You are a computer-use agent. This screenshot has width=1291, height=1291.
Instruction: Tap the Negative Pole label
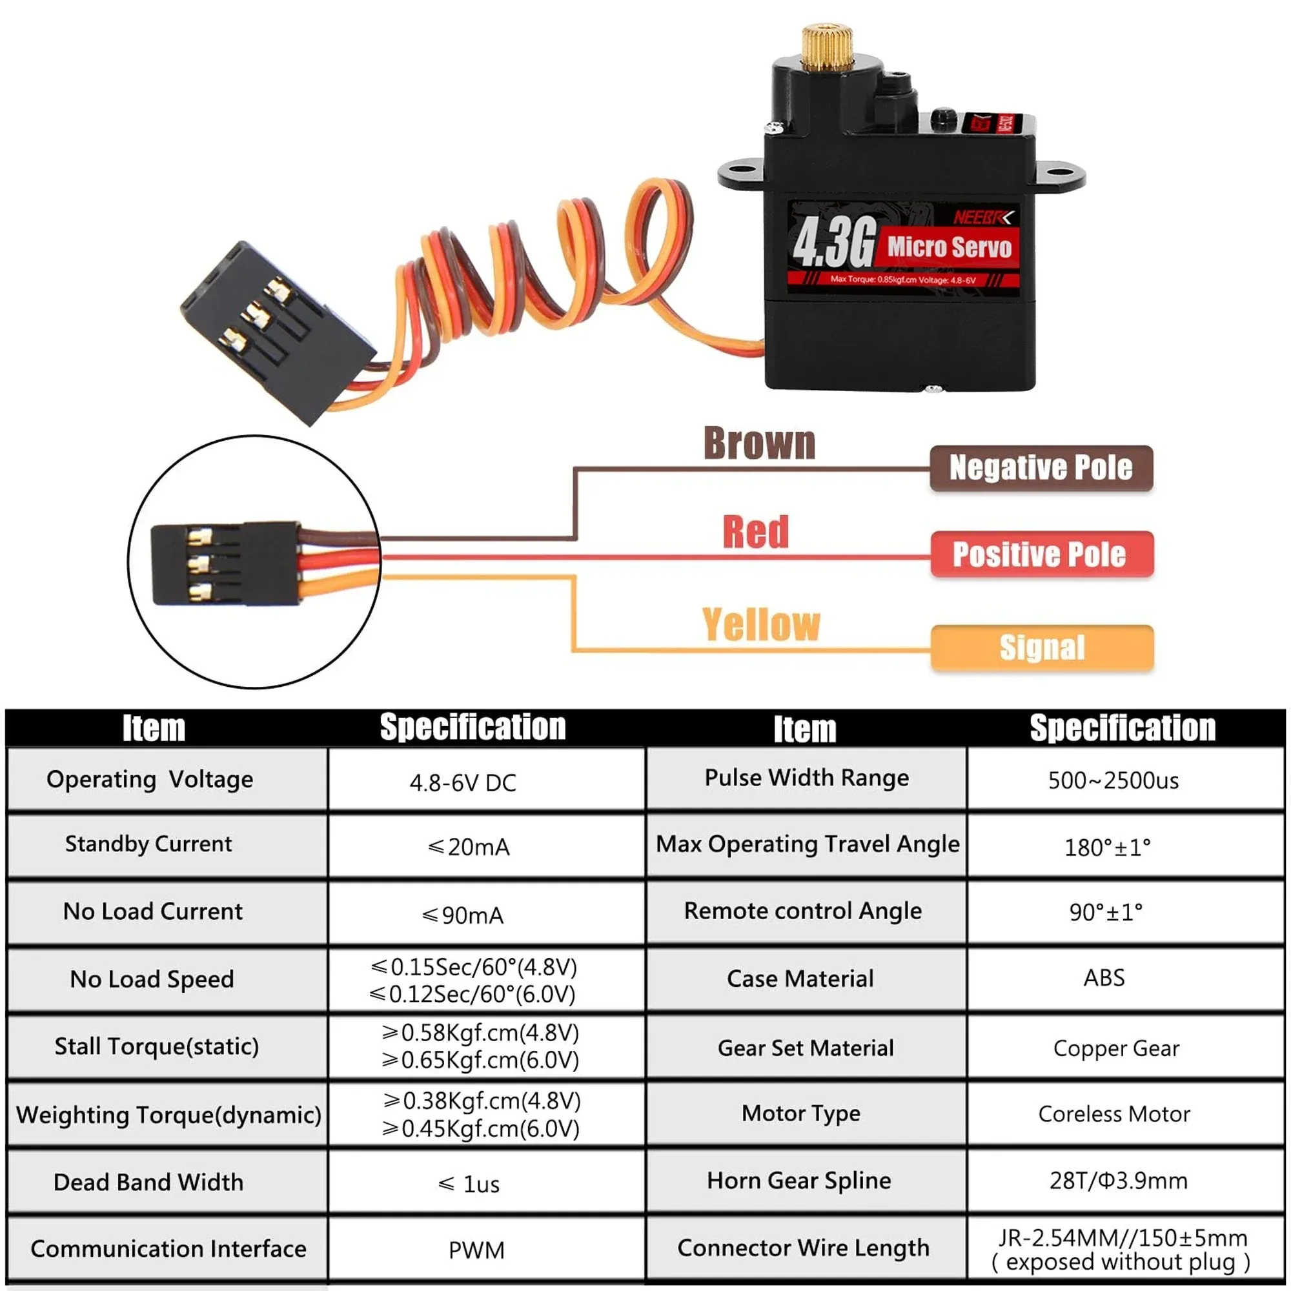pos(1041,468)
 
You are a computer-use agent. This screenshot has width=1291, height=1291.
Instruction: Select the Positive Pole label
pos(1041,554)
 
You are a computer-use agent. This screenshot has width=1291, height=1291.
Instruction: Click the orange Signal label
pos(1041,647)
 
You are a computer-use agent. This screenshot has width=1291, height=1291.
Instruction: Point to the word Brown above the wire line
pos(759,443)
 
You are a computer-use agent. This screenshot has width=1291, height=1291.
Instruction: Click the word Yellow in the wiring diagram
pos(760,625)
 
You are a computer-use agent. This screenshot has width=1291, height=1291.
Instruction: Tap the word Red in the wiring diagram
pos(755,532)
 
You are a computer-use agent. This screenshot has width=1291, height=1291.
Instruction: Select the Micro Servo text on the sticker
pos(949,247)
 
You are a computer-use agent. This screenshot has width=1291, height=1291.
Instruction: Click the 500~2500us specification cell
pos(1113,780)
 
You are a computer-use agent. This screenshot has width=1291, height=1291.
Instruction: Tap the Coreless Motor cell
pos(1114,1114)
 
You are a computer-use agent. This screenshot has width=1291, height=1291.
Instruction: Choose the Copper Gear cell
pos(1116,1048)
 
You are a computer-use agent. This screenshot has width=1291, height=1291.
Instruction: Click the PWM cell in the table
pos(476,1250)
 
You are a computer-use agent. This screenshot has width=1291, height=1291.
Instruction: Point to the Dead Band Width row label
pos(148,1182)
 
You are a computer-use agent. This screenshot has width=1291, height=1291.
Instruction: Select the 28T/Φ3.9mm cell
pos(1118,1181)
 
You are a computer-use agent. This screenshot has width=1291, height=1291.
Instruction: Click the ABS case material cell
pos(1104,977)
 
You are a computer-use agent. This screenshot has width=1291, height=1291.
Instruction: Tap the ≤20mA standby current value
pos(469,847)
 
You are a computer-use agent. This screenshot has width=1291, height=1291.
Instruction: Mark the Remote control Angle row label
pos(802,911)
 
